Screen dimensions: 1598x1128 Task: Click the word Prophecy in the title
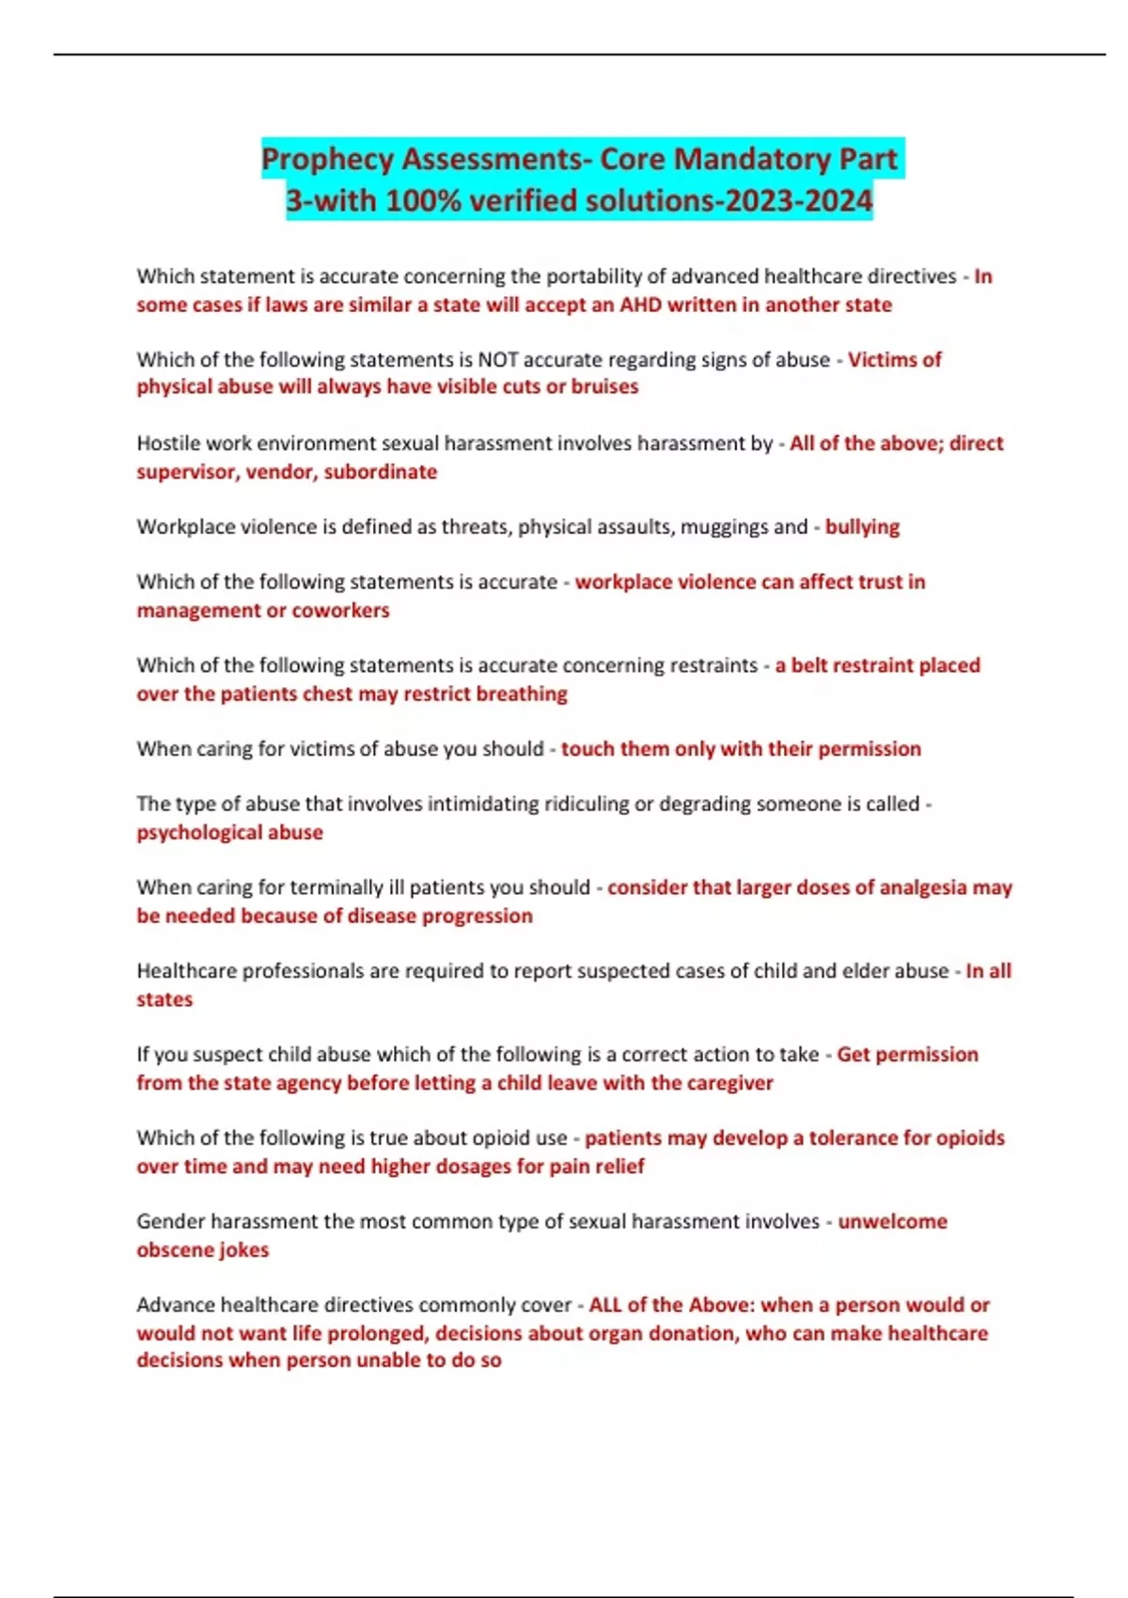point(327,159)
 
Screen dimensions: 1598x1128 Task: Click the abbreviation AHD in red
point(640,305)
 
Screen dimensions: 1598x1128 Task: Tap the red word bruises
point(604,386)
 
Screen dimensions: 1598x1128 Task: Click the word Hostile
point(167,443)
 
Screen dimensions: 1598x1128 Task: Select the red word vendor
point(279,471)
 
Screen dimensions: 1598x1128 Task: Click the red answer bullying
point(862,526)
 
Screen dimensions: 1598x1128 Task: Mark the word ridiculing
point(552,804)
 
